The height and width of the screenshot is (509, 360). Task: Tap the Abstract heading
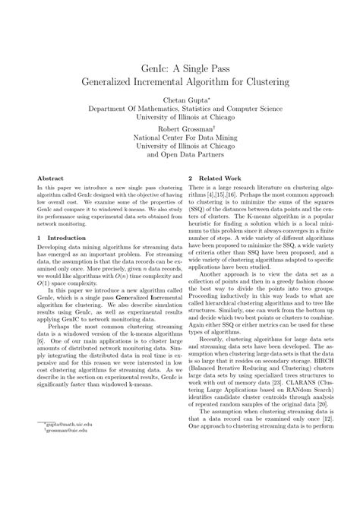(x=51, y=178)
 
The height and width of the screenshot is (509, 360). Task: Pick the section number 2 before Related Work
(x=191, y=178)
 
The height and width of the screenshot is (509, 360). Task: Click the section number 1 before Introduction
(x=39, y=237)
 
